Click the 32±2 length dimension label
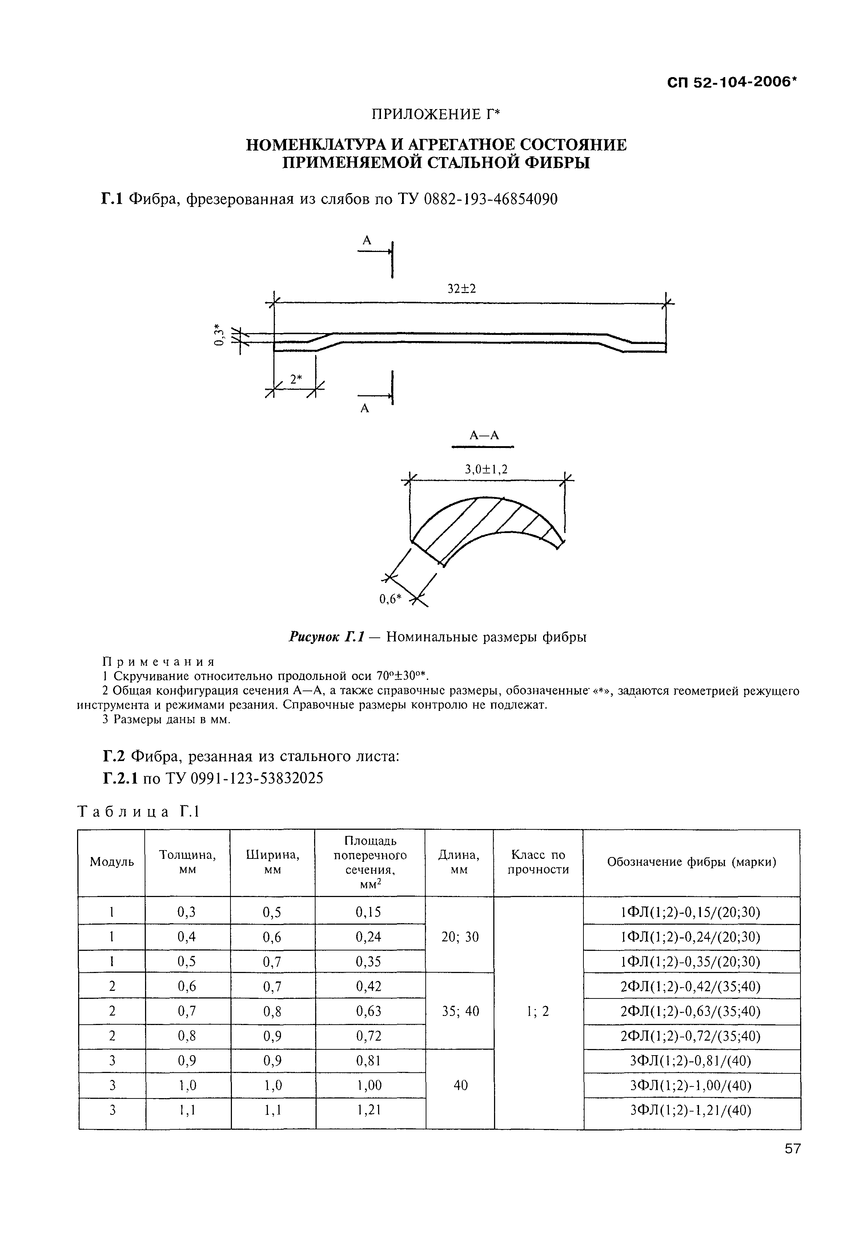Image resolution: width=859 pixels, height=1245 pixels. pos(462,289)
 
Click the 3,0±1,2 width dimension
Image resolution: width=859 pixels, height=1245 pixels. pos(486,470)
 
